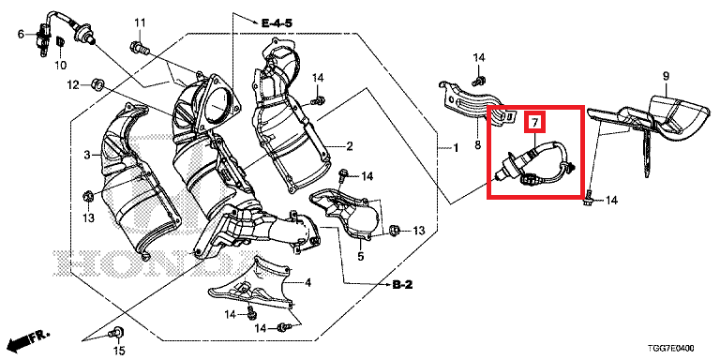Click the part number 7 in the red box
click(x=534, y=123)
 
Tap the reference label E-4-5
click(x=277, y=22)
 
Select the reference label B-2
click(x=403, y=285)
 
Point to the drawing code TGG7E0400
click(x=671, y=348)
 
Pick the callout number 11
click(x=140, y=22)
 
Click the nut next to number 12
click(x=97, y=84)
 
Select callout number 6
click(x=22, y=34)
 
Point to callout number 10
click(x=61, y=65)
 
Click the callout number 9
click(x=666, y=76)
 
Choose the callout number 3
click(x=88, y=156)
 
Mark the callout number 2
click(x=349, y=147)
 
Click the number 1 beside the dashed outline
click(x=456, y=148)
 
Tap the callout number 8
click(x=477, y=145)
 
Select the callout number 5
click(x=361, y=256)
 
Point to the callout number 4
click(x=307, y=283)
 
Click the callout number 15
click(x=119, y=352)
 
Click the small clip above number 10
click(x=60, y=42)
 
